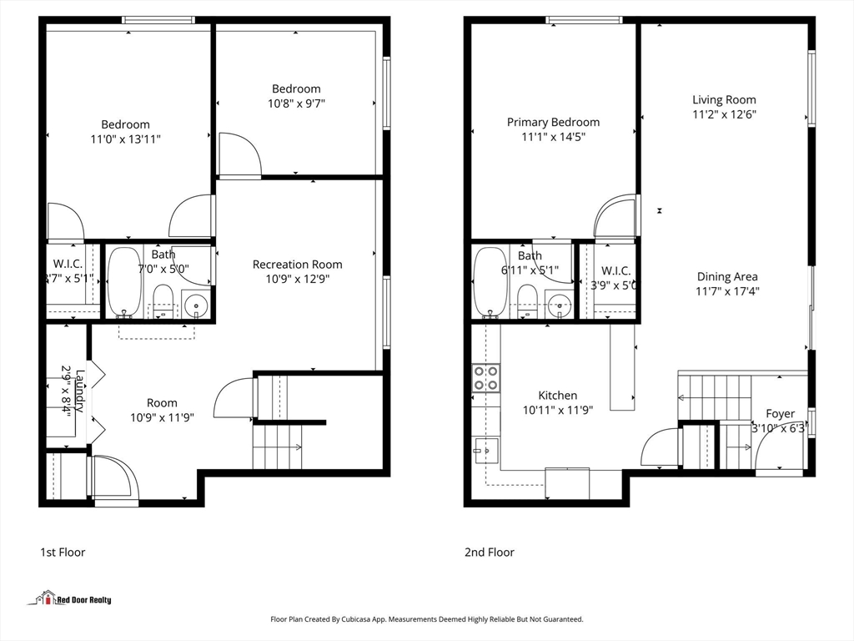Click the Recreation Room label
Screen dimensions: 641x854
297,265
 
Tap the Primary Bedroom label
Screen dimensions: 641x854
553,122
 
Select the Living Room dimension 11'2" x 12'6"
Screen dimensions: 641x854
724,114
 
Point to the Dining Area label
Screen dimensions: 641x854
727,276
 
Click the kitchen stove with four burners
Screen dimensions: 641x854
486,378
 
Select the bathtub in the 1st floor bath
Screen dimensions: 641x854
125,282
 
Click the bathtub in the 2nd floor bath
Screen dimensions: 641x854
489,282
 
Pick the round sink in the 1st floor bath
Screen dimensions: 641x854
197,305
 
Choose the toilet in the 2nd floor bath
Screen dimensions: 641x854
526,300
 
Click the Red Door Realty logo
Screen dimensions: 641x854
73,598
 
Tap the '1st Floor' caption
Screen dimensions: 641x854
63,552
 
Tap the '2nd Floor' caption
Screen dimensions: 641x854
489,552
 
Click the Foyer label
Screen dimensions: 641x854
781,413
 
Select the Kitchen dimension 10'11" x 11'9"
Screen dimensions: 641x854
557,410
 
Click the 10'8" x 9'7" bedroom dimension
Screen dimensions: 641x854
296,103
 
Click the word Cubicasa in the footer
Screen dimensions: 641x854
365,619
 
